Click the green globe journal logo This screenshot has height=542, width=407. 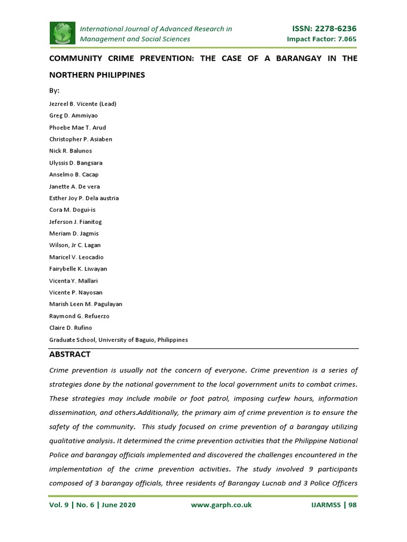coord(63,33)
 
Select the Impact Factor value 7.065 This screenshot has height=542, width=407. coord(344,39)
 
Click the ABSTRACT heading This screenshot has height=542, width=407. coord(70,354)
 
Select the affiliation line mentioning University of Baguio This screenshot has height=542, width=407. coord(118,340)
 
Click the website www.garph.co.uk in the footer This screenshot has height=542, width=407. coord(221,505)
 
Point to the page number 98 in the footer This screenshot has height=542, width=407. coord(352,505)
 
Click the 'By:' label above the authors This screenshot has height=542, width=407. coord(55,90)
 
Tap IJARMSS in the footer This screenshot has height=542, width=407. coord(326,505)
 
